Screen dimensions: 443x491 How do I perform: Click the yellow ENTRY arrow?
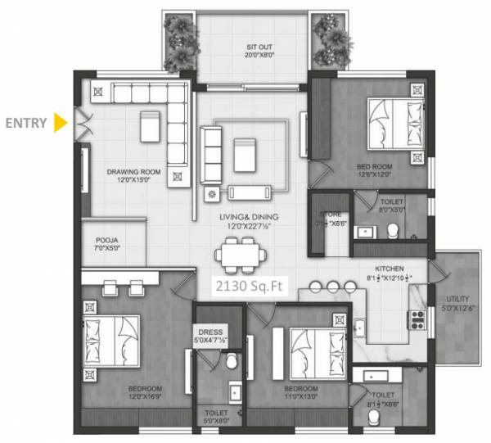(59, 123)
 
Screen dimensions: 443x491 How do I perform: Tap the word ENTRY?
(26, 124)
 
